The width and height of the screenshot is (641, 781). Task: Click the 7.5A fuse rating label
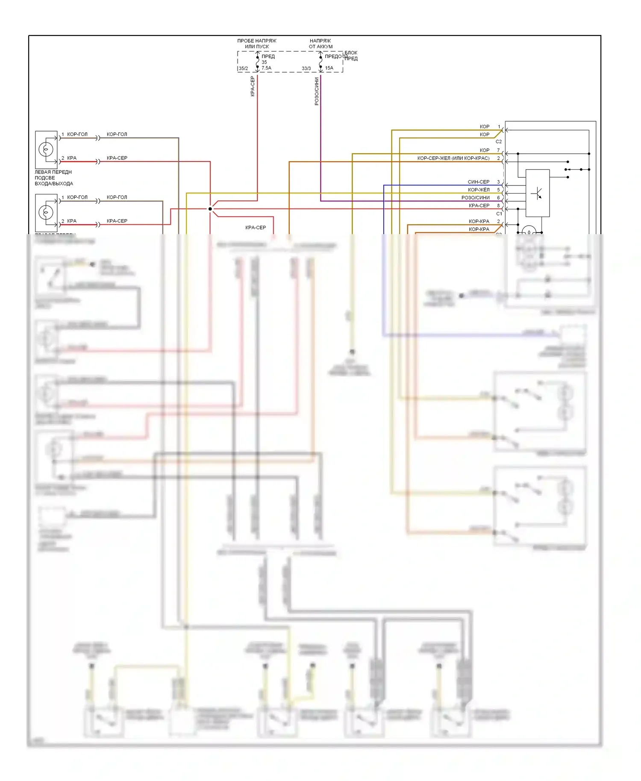click(266, 68)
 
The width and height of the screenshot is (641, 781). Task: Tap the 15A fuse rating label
click(329, 68)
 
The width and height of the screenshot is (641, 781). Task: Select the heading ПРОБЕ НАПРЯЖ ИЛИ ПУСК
click(257, 44)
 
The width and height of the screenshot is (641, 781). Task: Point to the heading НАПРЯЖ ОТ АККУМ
click(320, 44)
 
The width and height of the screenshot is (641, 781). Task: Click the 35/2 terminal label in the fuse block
click(243, 68)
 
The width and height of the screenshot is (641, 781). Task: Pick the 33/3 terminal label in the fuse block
click(306, 68)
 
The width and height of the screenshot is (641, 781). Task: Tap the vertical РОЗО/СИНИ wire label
click(317, 91)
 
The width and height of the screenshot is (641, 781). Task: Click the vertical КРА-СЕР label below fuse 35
click(253, 86)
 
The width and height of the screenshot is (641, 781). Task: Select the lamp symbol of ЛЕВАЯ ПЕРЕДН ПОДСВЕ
click(46, 150)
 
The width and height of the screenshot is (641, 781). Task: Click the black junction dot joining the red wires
click(210, 209)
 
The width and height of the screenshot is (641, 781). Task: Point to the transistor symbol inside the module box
click(537, 194)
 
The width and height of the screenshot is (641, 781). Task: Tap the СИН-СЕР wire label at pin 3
click(479, 182)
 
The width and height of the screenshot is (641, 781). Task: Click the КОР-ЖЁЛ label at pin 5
click(479, 190)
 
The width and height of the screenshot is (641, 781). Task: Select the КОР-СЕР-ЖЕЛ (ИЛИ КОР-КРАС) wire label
click(453, 158)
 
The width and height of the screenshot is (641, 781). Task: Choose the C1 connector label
click(499, 214)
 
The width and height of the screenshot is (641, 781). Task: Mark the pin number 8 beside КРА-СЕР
click(498, 206)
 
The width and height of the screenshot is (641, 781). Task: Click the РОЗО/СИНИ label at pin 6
click(476, 198)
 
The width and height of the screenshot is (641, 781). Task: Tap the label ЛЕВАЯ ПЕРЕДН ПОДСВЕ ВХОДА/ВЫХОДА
click(54, 178)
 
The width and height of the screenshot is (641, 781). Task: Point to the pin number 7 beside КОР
click(498, 150)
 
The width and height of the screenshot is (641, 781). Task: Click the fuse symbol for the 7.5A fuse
click(258, 62)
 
